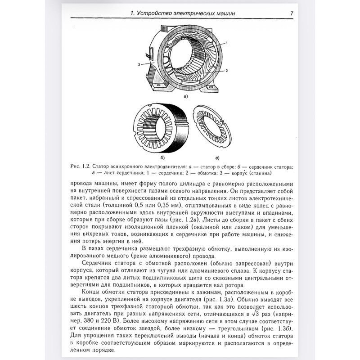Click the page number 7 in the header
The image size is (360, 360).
point(292,13)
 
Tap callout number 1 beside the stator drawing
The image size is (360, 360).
point(227,42)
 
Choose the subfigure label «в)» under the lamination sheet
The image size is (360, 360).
point(217,158)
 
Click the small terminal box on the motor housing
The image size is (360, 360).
point(151,56)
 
